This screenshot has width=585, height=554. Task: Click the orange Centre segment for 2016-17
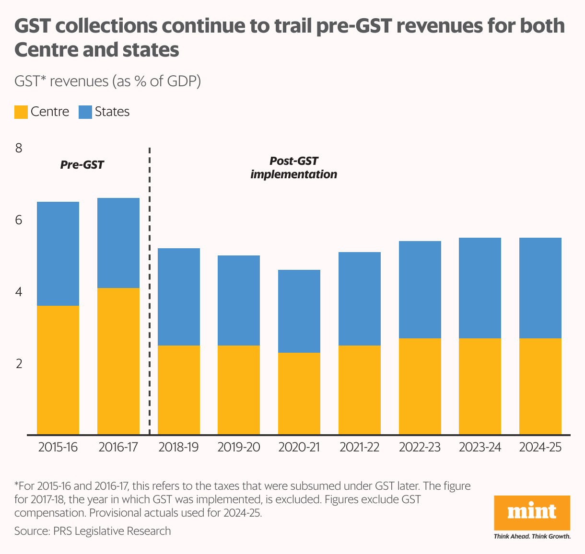[x=118, y=361]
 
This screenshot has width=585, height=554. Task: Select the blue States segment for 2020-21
[x=299, y=311]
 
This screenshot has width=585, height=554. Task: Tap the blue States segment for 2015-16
[x=58, y=254]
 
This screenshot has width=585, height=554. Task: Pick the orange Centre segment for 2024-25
[x=540, y=386]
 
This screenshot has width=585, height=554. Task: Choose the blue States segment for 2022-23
[x=420, y=289]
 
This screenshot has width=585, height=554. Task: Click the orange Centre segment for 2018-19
[x=179, y=390]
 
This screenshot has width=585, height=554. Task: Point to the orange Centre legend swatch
[x=21, y=112]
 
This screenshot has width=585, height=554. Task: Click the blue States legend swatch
[x=85, y=112]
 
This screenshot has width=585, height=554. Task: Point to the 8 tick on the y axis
[x=19, y=148]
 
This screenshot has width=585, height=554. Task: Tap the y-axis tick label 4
[x=19, y=292]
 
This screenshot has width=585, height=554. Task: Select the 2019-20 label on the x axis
[x=239, y=447]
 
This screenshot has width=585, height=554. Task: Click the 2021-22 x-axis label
[x=359, y=447]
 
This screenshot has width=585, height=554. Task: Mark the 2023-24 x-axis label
[x=480, y=447]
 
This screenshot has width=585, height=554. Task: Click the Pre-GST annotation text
[x=82, y=165]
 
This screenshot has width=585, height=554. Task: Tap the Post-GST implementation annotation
[x=293, y=168]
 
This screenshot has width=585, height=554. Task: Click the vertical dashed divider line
[x=150, y=288]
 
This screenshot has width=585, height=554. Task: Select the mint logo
[x=532, y=512]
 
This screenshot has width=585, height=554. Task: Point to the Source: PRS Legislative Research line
[x=93, y=531]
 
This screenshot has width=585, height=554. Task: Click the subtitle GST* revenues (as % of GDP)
[x=107, y=81]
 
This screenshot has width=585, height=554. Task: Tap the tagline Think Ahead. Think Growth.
[x=532, y=536]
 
